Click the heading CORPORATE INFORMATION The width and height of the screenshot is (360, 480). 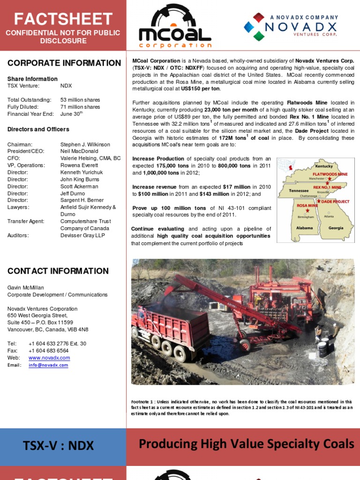(64, 63)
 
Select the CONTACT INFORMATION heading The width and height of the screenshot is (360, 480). (58, 271)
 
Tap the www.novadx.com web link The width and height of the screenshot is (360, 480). (49, 358)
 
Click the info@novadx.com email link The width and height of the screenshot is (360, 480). (48, 365)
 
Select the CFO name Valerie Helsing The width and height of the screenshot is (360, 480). (90, 158)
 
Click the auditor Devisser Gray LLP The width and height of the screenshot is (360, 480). (82, 235)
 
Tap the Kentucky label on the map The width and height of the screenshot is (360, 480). (323, 166)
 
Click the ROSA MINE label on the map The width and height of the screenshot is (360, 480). (307, 205)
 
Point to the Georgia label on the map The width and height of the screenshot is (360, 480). (336, 228)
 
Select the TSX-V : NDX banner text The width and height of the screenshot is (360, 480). (59, 446)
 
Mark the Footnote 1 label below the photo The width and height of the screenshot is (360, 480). (147, 402)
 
